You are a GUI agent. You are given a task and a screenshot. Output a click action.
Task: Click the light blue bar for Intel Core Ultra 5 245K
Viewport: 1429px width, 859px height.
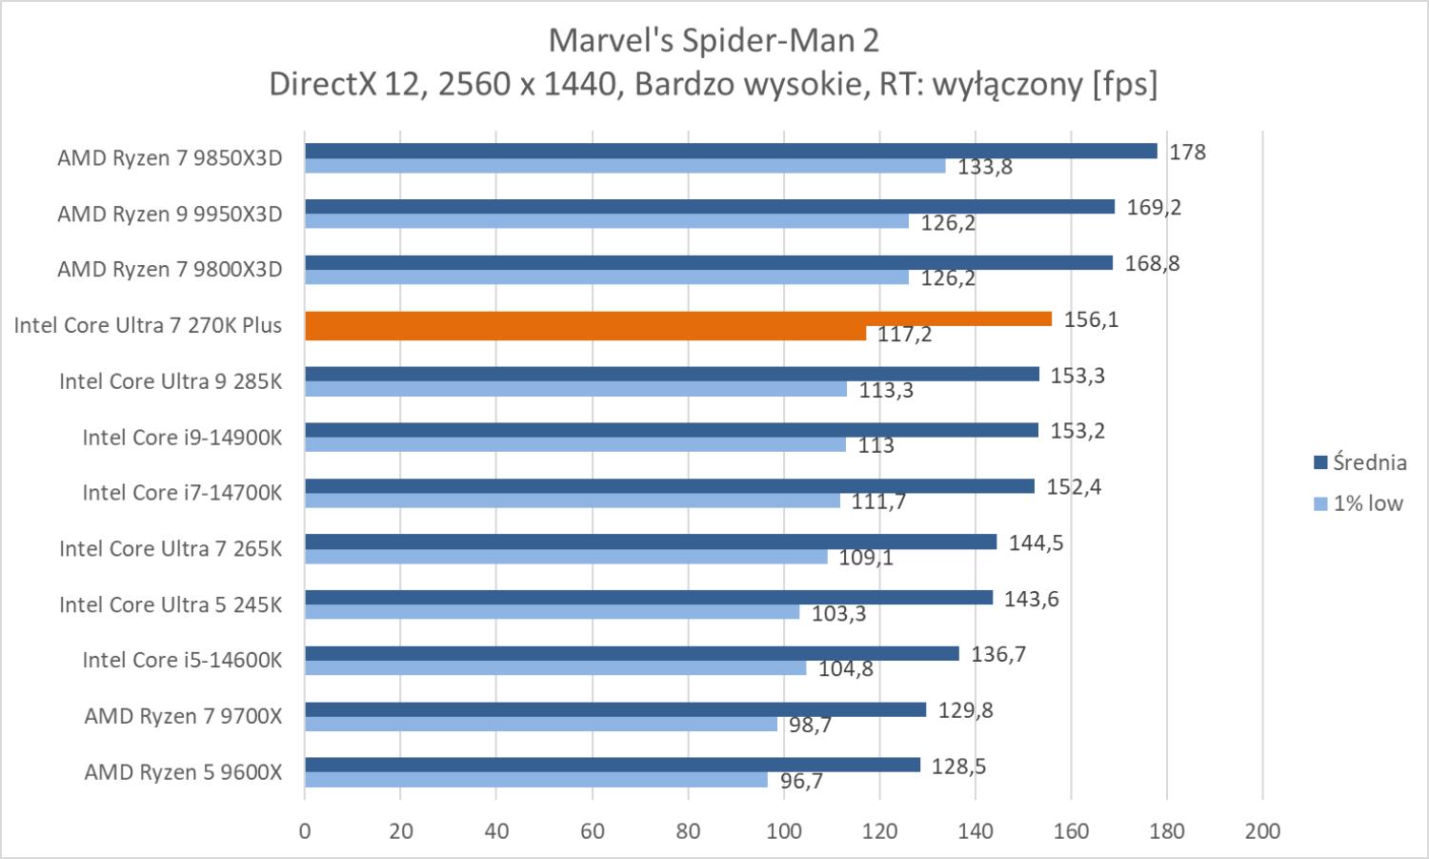552,612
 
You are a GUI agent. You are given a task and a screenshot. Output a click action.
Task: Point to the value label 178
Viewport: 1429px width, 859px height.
1187,152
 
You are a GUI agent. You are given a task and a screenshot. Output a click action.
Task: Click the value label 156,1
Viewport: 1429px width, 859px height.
1091,319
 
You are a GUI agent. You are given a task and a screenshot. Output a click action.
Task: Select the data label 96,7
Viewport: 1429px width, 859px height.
801,782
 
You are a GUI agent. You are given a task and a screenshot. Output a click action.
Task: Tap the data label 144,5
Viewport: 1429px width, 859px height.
1036,542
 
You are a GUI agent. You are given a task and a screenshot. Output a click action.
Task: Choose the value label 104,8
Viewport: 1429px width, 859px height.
846,668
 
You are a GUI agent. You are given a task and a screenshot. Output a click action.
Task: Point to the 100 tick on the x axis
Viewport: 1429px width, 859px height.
783,830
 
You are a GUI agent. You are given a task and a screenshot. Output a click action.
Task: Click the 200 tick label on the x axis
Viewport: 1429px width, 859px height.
1262,830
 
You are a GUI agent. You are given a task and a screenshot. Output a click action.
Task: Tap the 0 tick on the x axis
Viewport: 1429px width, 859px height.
305,830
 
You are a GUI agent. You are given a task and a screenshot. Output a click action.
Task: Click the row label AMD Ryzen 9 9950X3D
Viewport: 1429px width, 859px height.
170,214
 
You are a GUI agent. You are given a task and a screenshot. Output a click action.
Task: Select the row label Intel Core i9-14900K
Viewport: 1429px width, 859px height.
182,437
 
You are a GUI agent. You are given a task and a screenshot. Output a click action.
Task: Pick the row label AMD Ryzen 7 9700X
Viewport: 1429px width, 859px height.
183,715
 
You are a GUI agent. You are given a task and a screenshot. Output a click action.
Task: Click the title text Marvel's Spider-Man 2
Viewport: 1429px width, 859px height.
714,40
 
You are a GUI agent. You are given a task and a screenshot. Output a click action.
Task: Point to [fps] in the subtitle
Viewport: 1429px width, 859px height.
1125,84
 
